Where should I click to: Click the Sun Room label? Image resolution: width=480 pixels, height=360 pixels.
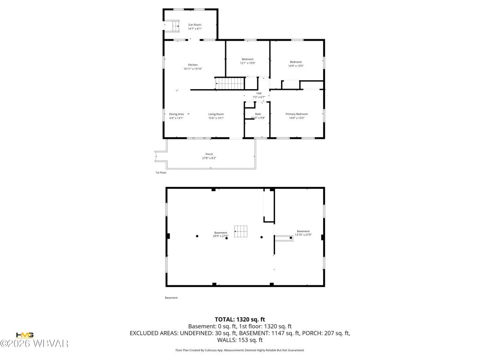point(194,24)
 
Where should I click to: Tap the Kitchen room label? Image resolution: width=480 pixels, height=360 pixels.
point(192,65)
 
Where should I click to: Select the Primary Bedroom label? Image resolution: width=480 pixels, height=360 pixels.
point(296,114)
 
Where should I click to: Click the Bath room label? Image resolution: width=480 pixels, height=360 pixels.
point(258,114)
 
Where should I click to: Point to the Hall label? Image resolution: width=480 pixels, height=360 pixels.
point(259,93)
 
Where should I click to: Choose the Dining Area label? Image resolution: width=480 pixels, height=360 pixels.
point(176,114)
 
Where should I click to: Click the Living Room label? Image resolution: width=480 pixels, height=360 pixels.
point(216,114)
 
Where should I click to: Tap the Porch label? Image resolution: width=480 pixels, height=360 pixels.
point(209,154)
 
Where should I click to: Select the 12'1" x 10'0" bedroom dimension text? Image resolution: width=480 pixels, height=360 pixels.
point(247,63)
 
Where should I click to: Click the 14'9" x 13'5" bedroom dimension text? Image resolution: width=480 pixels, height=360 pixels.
point(296,66)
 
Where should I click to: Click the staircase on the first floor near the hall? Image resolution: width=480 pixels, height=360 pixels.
point(230,84)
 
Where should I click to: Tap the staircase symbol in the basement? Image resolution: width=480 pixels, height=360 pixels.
point(241,232)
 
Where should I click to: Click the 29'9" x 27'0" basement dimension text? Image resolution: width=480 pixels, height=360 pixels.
point(221,236)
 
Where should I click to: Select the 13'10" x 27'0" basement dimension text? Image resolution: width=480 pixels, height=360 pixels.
point(303,235)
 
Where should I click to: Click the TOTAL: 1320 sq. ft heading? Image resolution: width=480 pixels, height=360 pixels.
point(240,319)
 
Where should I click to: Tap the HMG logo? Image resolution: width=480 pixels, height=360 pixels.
point(24,335)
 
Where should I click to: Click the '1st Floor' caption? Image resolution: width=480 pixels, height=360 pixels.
point(161,173)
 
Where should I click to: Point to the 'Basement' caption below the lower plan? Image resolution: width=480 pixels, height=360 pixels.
point(171,298)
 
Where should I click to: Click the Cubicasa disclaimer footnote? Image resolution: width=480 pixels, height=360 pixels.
point(240,350)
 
